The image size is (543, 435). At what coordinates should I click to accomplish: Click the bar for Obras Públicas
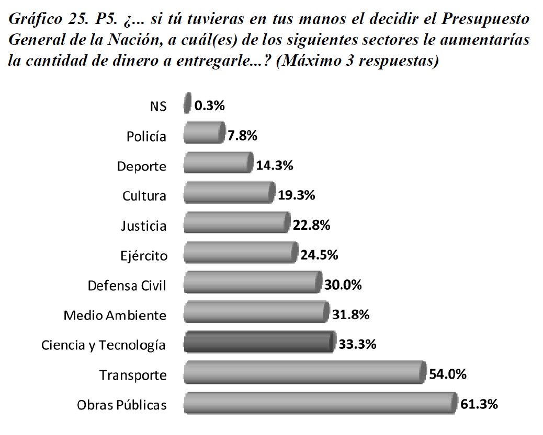(319, 404)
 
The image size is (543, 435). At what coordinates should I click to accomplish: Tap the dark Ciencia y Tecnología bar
(258, 344)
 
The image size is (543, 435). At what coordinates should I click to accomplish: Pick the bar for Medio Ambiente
(255, 314)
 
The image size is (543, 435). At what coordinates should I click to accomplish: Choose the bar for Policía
(203, 135)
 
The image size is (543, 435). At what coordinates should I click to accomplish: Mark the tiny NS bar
(187, 104)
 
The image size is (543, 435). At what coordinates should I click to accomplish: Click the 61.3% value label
(479, 404)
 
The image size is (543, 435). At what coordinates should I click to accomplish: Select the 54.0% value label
(447, 374)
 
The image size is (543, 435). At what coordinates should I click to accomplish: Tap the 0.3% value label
(209, 105)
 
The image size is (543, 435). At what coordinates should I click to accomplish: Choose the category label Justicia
(143, 226)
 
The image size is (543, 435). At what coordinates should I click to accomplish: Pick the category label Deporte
(141, 167)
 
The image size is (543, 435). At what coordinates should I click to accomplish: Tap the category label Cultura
(144, 196)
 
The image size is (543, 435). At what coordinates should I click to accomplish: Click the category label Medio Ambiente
(115, 315)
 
